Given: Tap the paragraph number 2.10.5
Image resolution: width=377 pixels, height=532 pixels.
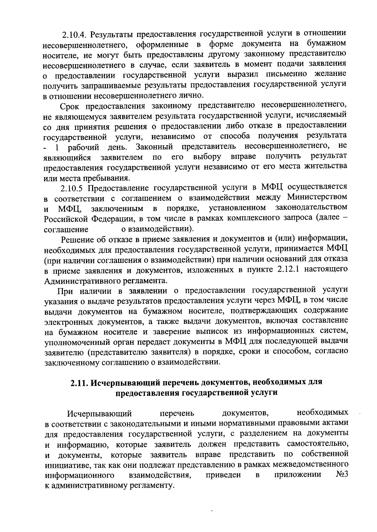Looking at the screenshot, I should pos(73,188).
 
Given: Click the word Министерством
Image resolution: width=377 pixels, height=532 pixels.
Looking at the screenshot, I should pos(317,197).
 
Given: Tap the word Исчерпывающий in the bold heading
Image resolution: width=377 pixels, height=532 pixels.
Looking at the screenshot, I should pos(123,383).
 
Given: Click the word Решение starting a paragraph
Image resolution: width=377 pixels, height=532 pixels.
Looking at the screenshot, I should pos(76,240).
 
